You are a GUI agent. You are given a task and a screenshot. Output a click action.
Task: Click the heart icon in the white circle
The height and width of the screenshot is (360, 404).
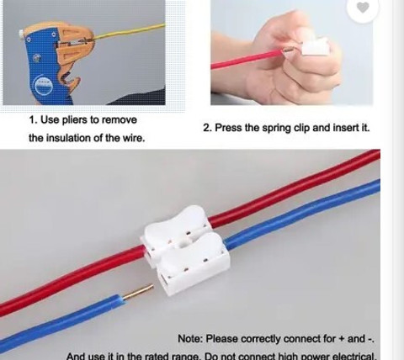pos(363,8)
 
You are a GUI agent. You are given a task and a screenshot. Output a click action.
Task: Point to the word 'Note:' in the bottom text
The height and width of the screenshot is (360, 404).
pos(190,339)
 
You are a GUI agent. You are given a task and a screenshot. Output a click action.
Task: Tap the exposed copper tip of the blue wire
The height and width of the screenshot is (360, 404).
pos(139,292)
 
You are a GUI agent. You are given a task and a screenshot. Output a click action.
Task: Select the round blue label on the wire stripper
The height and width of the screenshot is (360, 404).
pos(43,85)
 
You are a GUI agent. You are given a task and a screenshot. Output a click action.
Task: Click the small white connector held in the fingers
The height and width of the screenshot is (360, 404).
pos(315,47)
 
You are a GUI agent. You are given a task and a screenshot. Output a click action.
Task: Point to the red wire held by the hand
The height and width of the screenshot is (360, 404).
pos(247,59)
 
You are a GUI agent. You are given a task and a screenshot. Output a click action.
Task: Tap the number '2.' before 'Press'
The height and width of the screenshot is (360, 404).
pos(207,128)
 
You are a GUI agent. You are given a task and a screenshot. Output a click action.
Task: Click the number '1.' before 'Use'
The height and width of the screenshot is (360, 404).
pos(34,120)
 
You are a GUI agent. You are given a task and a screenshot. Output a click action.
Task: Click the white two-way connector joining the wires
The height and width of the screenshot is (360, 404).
pos(185,250)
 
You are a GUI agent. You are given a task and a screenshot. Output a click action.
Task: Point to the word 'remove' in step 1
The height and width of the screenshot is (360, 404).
pos(120,120)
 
